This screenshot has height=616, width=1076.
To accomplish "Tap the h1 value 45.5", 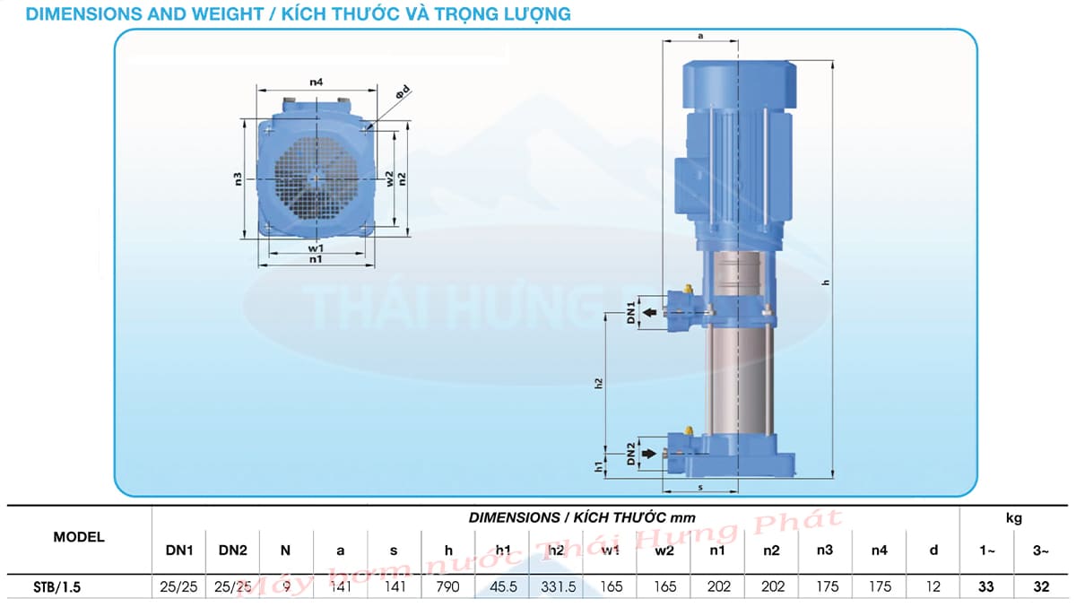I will [x=502, y=586].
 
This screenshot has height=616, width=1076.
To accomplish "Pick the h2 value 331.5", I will [x=556, y=586].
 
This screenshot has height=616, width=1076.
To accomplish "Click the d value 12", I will [x=933, y=586].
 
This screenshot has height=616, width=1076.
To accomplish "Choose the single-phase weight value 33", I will [x=987, y=586].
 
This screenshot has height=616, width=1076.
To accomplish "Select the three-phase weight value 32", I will [x=1041, y=586].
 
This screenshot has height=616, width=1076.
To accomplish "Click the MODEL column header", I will [x=79, y=537].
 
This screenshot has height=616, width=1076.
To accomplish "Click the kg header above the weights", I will [x=1013, y=517].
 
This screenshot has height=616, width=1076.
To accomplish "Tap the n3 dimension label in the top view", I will [x=238, y=178].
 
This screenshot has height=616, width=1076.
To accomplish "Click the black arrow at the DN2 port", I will [x=648, y=455].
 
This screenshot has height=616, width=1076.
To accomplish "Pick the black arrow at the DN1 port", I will [x=648, y=313].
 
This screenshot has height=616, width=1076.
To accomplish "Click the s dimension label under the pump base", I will [x=699, y=487].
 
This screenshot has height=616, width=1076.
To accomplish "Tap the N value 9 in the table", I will [x=286, y=586].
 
